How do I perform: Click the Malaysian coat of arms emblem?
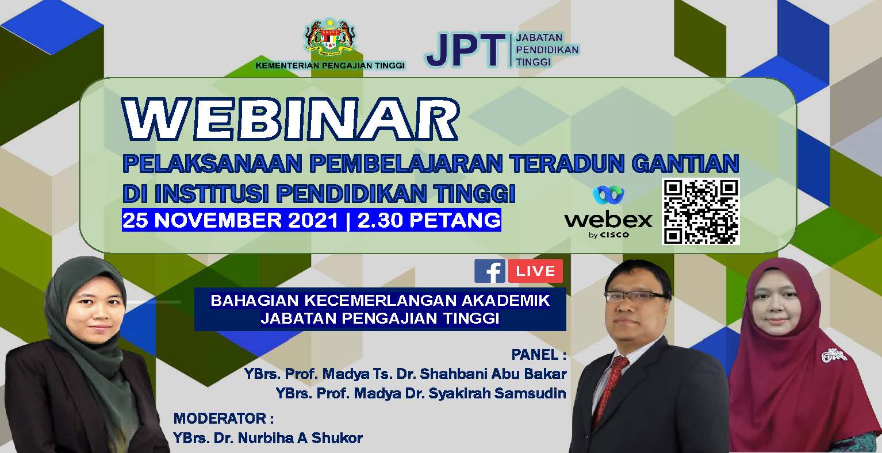(330, 38)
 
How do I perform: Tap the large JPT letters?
(465, 50)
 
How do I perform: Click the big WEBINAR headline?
(290, 118)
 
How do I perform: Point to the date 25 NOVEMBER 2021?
(231, 220)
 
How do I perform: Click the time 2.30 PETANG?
(429, 220)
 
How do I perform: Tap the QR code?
(701, 212)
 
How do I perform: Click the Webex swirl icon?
(608, 194)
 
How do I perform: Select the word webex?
(608, 220)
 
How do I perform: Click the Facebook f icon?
(490, 271)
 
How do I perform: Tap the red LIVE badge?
(535, 271)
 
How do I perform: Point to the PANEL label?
(539, 355)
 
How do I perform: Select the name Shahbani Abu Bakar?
(493, 374)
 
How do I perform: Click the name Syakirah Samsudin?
(497, 393)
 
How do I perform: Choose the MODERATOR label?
(223, 419)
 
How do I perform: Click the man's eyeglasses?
(635, 296)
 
